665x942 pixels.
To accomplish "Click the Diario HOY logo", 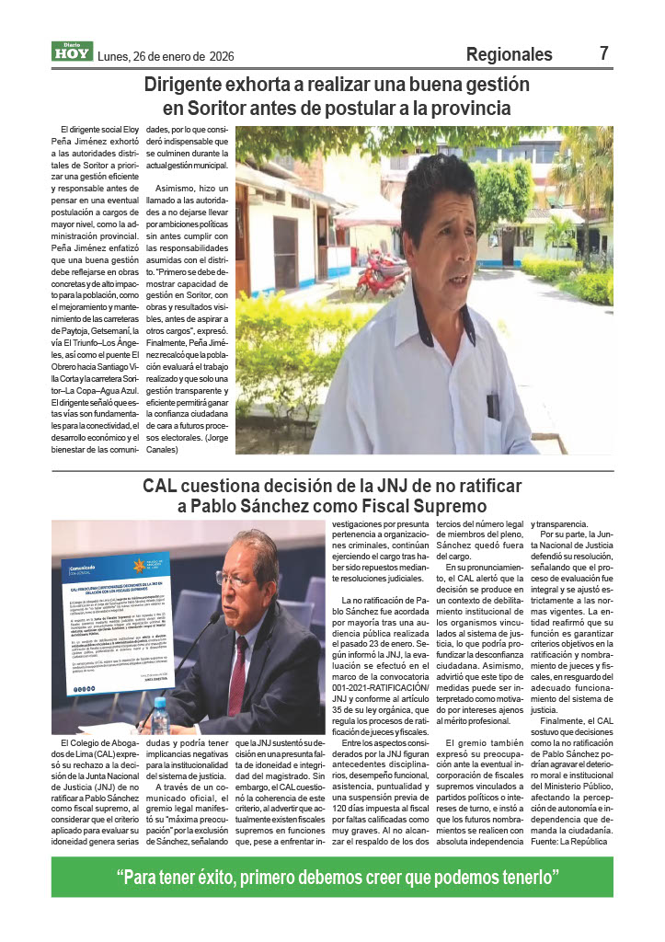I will (x=71, y=52).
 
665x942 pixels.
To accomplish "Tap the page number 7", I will (x=604, y=53).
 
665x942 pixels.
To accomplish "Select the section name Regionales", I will (x=509, y=54).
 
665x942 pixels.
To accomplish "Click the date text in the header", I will (x=166, y=56).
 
